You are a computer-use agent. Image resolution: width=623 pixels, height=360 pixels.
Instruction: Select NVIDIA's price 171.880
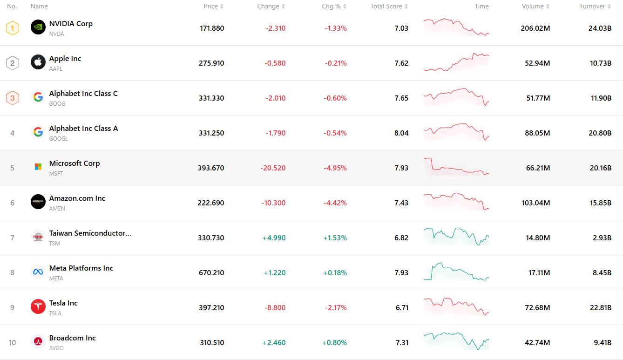point(212,28)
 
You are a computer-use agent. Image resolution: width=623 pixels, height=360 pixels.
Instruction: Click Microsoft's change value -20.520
point(273,168)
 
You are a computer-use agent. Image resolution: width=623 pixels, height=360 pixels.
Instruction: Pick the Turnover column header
point(592,7)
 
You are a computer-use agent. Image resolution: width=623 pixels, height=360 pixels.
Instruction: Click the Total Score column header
point(386,7)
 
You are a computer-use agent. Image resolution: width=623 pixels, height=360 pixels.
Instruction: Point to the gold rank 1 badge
point(13,28)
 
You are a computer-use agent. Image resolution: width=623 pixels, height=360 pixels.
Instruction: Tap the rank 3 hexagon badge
point(13,98)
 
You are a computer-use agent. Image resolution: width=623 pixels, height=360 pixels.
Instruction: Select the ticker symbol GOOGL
point(59,139)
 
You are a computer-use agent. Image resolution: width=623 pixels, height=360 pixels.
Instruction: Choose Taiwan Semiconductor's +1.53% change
point(335,238)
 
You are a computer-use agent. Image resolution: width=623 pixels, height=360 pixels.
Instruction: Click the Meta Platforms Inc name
point(81,268)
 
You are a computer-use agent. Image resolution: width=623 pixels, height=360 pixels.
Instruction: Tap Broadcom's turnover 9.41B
point(602,343)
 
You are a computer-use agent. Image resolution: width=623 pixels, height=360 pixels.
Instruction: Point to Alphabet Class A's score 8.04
point(401,133)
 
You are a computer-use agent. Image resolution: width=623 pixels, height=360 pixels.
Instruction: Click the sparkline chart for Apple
point(456,63)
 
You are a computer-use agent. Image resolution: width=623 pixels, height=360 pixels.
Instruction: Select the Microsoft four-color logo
point(38,167)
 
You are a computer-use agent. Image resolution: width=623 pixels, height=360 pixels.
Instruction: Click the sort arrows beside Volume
point(548,7)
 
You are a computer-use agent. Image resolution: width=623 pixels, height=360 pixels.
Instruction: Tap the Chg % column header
point(331,7)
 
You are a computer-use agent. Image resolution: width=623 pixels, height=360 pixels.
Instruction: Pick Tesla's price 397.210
point(211,308)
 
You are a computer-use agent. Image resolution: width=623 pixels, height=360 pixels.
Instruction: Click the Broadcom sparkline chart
point(456,341)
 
